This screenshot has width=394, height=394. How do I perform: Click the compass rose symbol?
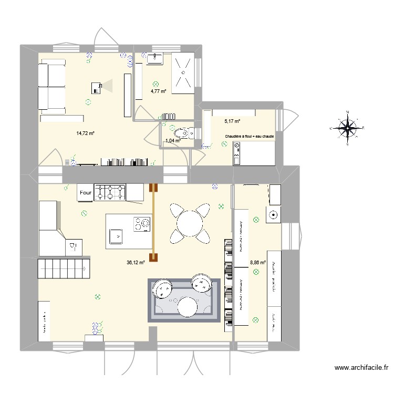pyautogui.click(x=347, y=127)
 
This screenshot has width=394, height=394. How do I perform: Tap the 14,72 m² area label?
pyautogui.click(x=85, y=133)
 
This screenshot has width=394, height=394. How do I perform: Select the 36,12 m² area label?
pyautogui.click(x=135, y=263)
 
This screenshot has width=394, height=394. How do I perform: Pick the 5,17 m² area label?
pyautogui.click(x=232, y=121)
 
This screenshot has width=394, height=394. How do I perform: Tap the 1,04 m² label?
pyautogui.click(x=173, y=140)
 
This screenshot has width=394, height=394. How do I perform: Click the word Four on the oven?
pyautogui.click(x=86, y=193)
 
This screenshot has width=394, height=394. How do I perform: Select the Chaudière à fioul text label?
pyautogui.click(x=249, y=137)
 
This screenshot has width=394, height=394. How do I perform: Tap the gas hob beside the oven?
pyautogui.click(x=110, y=193)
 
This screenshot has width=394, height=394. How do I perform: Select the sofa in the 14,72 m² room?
pyautogui.click(x=50, y=86)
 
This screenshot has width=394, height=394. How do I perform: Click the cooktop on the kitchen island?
pyautogui.click(x=142, y=224)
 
